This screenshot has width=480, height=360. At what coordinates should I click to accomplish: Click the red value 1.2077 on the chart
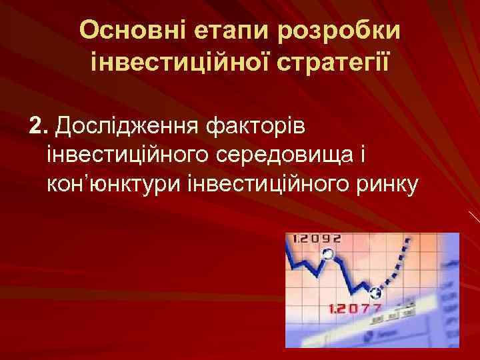355,309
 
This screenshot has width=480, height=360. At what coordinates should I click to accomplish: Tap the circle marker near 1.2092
327,253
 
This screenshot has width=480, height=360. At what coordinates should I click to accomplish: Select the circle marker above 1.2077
375,291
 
